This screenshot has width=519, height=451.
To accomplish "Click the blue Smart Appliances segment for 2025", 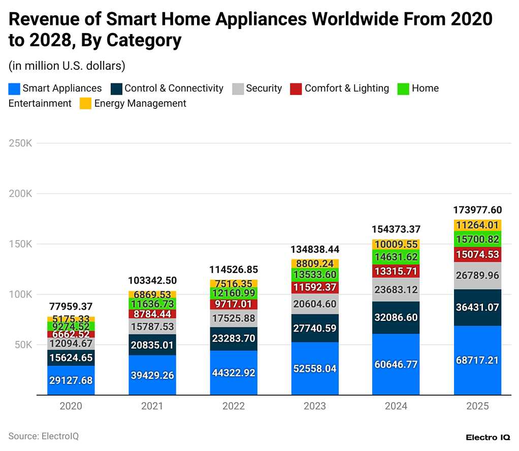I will [477, 360].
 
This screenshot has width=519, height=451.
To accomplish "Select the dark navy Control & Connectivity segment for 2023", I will [315, 328].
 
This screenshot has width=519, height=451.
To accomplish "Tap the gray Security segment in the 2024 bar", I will [396, 289].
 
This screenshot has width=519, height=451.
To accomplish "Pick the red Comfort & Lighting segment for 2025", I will [477, 254].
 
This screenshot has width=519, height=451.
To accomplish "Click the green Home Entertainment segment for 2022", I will [234, 293].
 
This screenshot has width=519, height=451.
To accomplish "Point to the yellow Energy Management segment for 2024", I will [396, 244].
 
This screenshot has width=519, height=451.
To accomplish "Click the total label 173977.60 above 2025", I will [477, 209].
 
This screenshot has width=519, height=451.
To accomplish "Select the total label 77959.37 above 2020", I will [71, 306].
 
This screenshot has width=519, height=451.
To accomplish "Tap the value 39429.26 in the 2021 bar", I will [152, 375].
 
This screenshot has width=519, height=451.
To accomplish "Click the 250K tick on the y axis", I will [20, 143].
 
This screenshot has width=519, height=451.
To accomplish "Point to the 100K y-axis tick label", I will [20, 294].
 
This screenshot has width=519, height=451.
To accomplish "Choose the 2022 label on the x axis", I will [234, 406].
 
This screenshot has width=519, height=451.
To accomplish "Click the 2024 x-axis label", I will [396, 406].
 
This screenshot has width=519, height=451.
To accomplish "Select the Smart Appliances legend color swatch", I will [14, 88].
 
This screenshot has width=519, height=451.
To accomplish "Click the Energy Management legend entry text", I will [140, 104].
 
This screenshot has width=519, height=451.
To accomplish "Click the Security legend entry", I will [264, 88].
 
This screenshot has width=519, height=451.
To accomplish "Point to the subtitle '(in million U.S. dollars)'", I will [67, 66].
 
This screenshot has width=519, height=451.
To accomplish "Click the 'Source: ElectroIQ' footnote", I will [44, 436].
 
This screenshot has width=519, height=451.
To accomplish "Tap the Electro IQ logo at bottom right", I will [488, 437].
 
